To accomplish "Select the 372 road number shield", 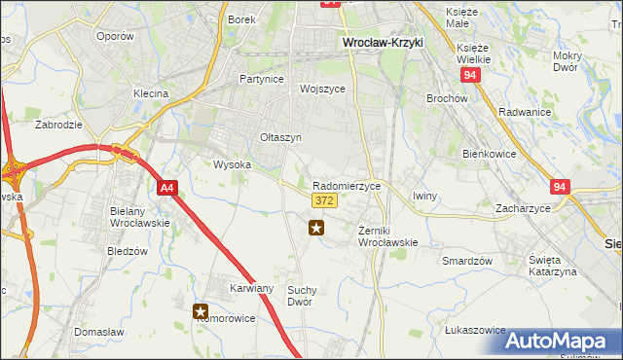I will pos(325,200).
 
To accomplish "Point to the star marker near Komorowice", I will pos(202,312).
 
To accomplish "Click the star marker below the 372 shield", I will pos(316,229).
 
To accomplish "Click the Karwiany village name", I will pos(252,289).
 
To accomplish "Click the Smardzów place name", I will pos(467,261).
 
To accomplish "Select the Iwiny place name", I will pos(425,196).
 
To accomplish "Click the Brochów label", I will pos(448,98).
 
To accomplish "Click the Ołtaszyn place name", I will pos(280,138).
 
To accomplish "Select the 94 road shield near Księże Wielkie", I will pos(471,74).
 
